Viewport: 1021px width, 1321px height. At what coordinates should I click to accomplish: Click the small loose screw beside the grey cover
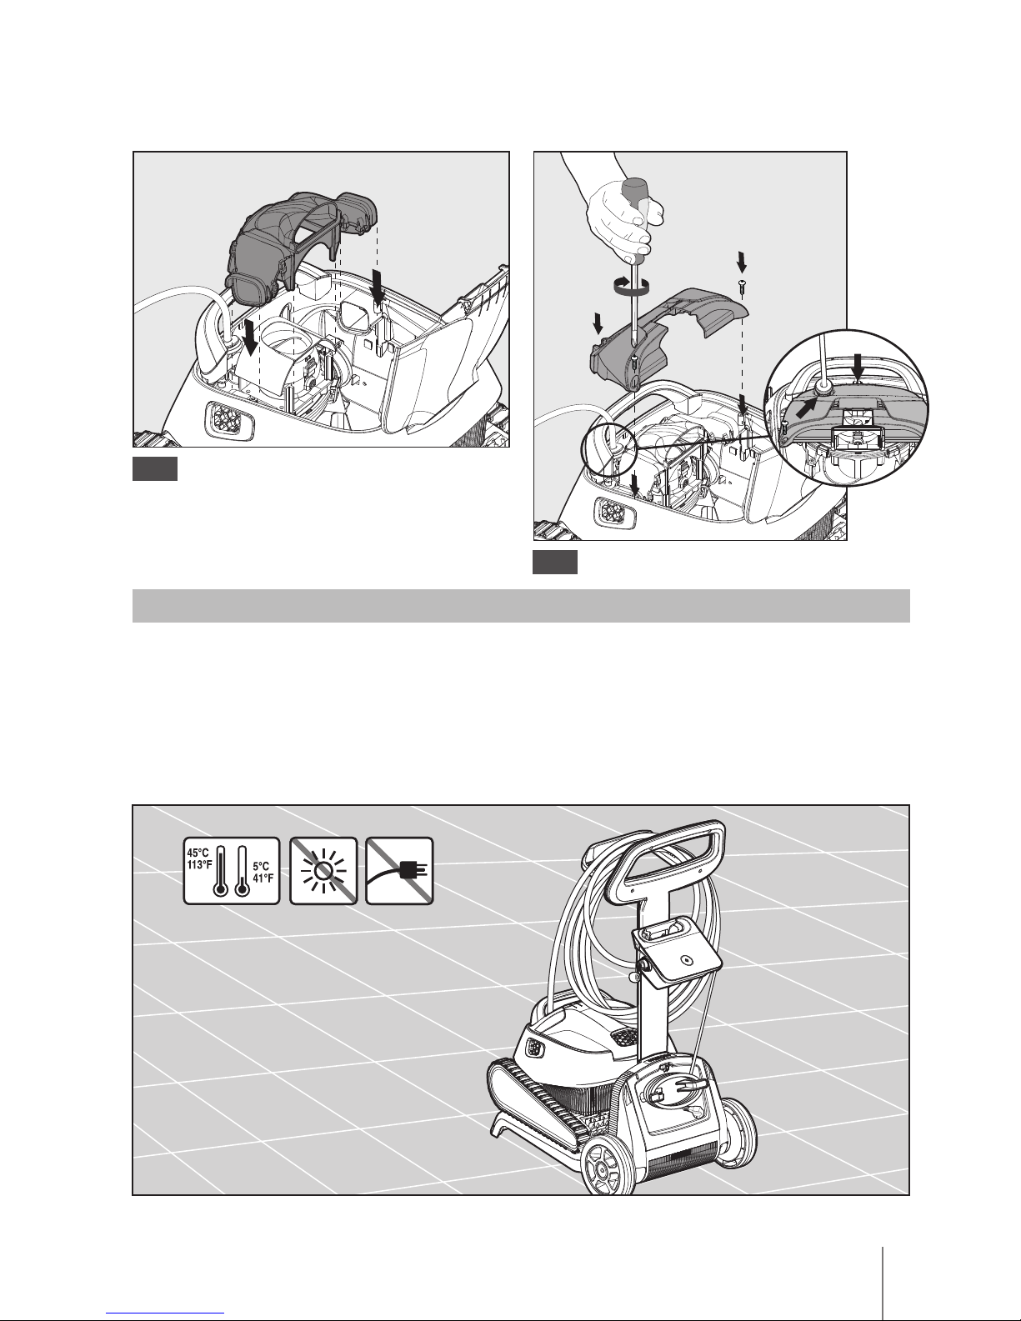pyautogui.click(x=742, y=287)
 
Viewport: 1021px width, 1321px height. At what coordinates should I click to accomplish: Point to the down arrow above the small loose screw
pyautogui.click(x=742, y=262)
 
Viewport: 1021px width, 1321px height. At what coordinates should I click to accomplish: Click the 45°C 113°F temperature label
pyautogui.click(x=199, y=859)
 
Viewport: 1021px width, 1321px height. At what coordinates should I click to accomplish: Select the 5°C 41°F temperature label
pyautogui.click(x=263, y=873)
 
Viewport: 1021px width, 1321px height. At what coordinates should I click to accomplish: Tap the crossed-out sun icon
pyautogui.click(x=323, y=871)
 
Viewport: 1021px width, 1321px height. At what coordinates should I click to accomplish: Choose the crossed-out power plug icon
pyautogui.click(x=399, y=871)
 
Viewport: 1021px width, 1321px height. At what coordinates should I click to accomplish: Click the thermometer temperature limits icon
pyautogui.click(x=232, y=871)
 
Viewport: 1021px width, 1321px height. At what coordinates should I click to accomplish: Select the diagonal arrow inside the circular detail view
pyautogui.click(x=807, y=407)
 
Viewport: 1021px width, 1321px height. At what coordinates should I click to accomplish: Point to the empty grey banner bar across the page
pyautogui.click(x=521, y=605)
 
